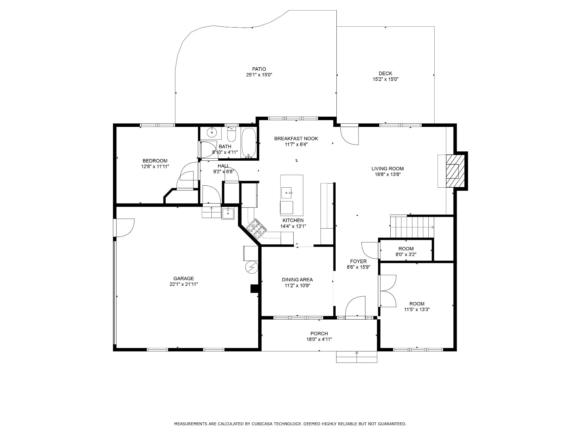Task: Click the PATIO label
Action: [x=259, y=69]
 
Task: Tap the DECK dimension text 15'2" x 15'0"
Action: [x=386, y=79]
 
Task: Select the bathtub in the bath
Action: [x=249, y=143]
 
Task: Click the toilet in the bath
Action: [x=231, y=135]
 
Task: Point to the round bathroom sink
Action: [x=212, y=132]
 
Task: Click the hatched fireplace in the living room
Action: [x=455, y=171]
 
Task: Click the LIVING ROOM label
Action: [x=388, y=169]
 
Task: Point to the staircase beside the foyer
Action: [x=412, y=227]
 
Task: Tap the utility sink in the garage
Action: [x=228, y=213]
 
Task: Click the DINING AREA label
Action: [x=297, y=280]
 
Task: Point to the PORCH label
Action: [x=319, y=334]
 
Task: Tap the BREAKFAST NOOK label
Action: [x=296, y=139]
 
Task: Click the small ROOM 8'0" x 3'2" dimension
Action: [x=406, y=255]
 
